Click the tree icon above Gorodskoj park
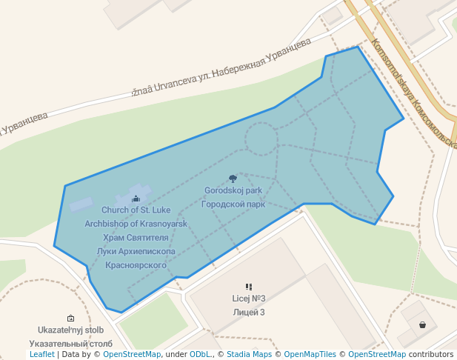233,179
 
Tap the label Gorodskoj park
233,190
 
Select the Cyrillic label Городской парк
233,204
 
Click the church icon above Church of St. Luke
136,199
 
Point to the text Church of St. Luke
136,210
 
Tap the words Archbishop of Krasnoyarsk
136,224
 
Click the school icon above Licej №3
249,287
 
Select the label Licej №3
249,299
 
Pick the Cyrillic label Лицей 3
249,312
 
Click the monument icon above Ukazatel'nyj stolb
70,318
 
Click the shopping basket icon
422,324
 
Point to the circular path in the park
261,139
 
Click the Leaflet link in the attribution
42,354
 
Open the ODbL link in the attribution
200,354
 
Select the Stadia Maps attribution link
249,354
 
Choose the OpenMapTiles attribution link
310,354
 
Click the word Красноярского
136,264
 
